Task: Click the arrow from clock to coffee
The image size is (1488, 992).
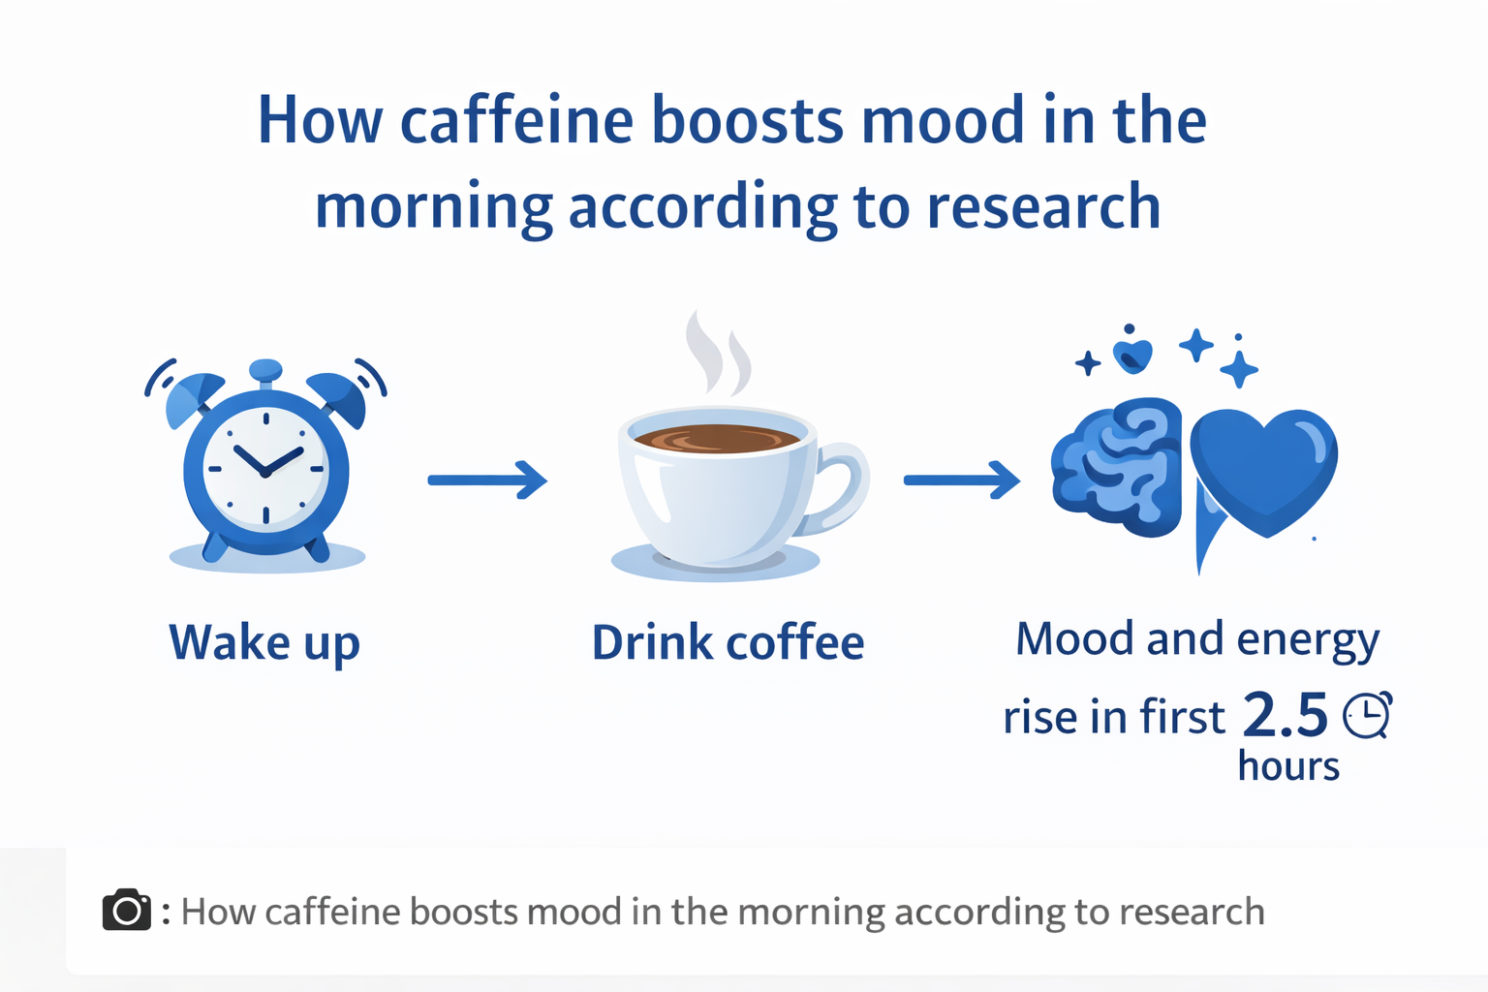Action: click(x=487, y=480)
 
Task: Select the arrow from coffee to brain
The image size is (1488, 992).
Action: click(x=962, y=480)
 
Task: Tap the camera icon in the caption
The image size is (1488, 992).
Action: click(x=126, y=909)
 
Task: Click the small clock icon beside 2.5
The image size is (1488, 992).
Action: click(x=1368, y=715)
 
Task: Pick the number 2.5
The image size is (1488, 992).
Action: click(x=1285, y=716)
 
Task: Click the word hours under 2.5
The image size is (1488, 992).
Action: click(x=1288, y=766)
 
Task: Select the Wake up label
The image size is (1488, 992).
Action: click(x=264, y=643)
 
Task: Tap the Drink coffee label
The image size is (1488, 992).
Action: click(x=728, y=642)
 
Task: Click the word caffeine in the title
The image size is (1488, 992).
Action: click(x=517, y=121)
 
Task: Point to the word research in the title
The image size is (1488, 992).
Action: click(x=1043, y=206)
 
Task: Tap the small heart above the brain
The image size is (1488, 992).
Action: click(x=1131, y=356)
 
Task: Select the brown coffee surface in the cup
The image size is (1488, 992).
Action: click(x=717, y=439)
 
